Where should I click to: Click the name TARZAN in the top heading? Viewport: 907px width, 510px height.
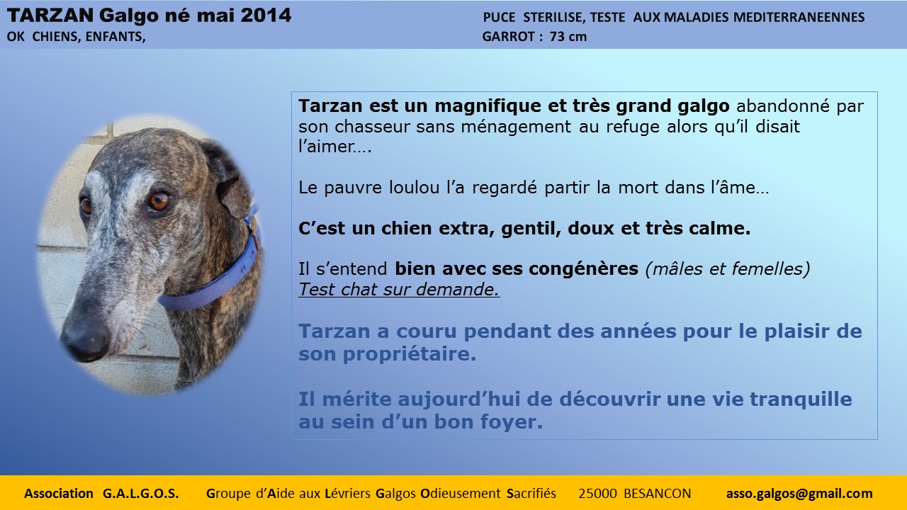click(x=50, y=16)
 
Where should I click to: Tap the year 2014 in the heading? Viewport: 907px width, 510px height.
click(x=266, y=16)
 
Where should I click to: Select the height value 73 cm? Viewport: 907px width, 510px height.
click(x=568, y=36)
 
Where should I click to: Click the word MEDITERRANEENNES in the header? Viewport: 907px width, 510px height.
click(x=799, y=17)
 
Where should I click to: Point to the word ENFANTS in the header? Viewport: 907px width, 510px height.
click(x=116, y=36)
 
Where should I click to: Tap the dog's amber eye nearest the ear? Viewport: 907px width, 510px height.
click(x=158, y=201)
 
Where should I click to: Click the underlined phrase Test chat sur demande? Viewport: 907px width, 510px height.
click(x=399, y=289)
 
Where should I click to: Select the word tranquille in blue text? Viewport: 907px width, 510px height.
click(x=801, y=399)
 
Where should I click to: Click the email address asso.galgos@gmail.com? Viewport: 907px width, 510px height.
click(x=799, y=494)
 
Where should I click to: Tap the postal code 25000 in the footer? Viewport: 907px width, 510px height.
click(x=597, y=494)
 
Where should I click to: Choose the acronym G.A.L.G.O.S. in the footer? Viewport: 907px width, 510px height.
click(x=140, y=494)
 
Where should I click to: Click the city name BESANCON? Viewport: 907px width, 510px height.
click(x=657, y=494)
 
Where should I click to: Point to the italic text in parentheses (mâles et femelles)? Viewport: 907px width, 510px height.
click(x=728, y=268)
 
